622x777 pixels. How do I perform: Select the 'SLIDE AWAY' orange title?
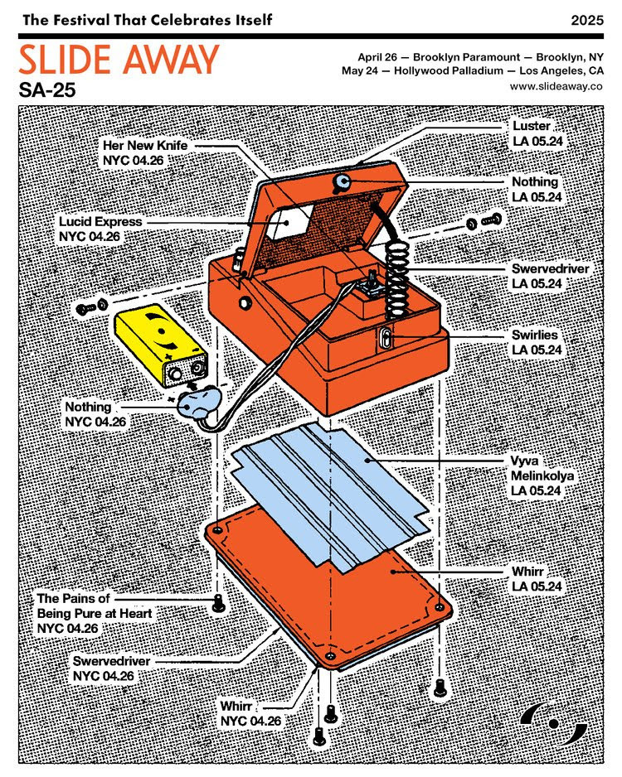[x=119, y=60]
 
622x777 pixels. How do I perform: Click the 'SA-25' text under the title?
[x=47, y=89]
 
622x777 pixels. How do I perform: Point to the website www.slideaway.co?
[x=556, y=86]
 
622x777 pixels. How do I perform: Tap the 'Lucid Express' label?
[x=100, y=229]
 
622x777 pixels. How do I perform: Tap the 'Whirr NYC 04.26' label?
[x=250, y=713]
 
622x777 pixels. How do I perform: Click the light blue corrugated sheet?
[x=332, y=497]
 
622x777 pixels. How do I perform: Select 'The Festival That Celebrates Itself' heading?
[x=147, y=18]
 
